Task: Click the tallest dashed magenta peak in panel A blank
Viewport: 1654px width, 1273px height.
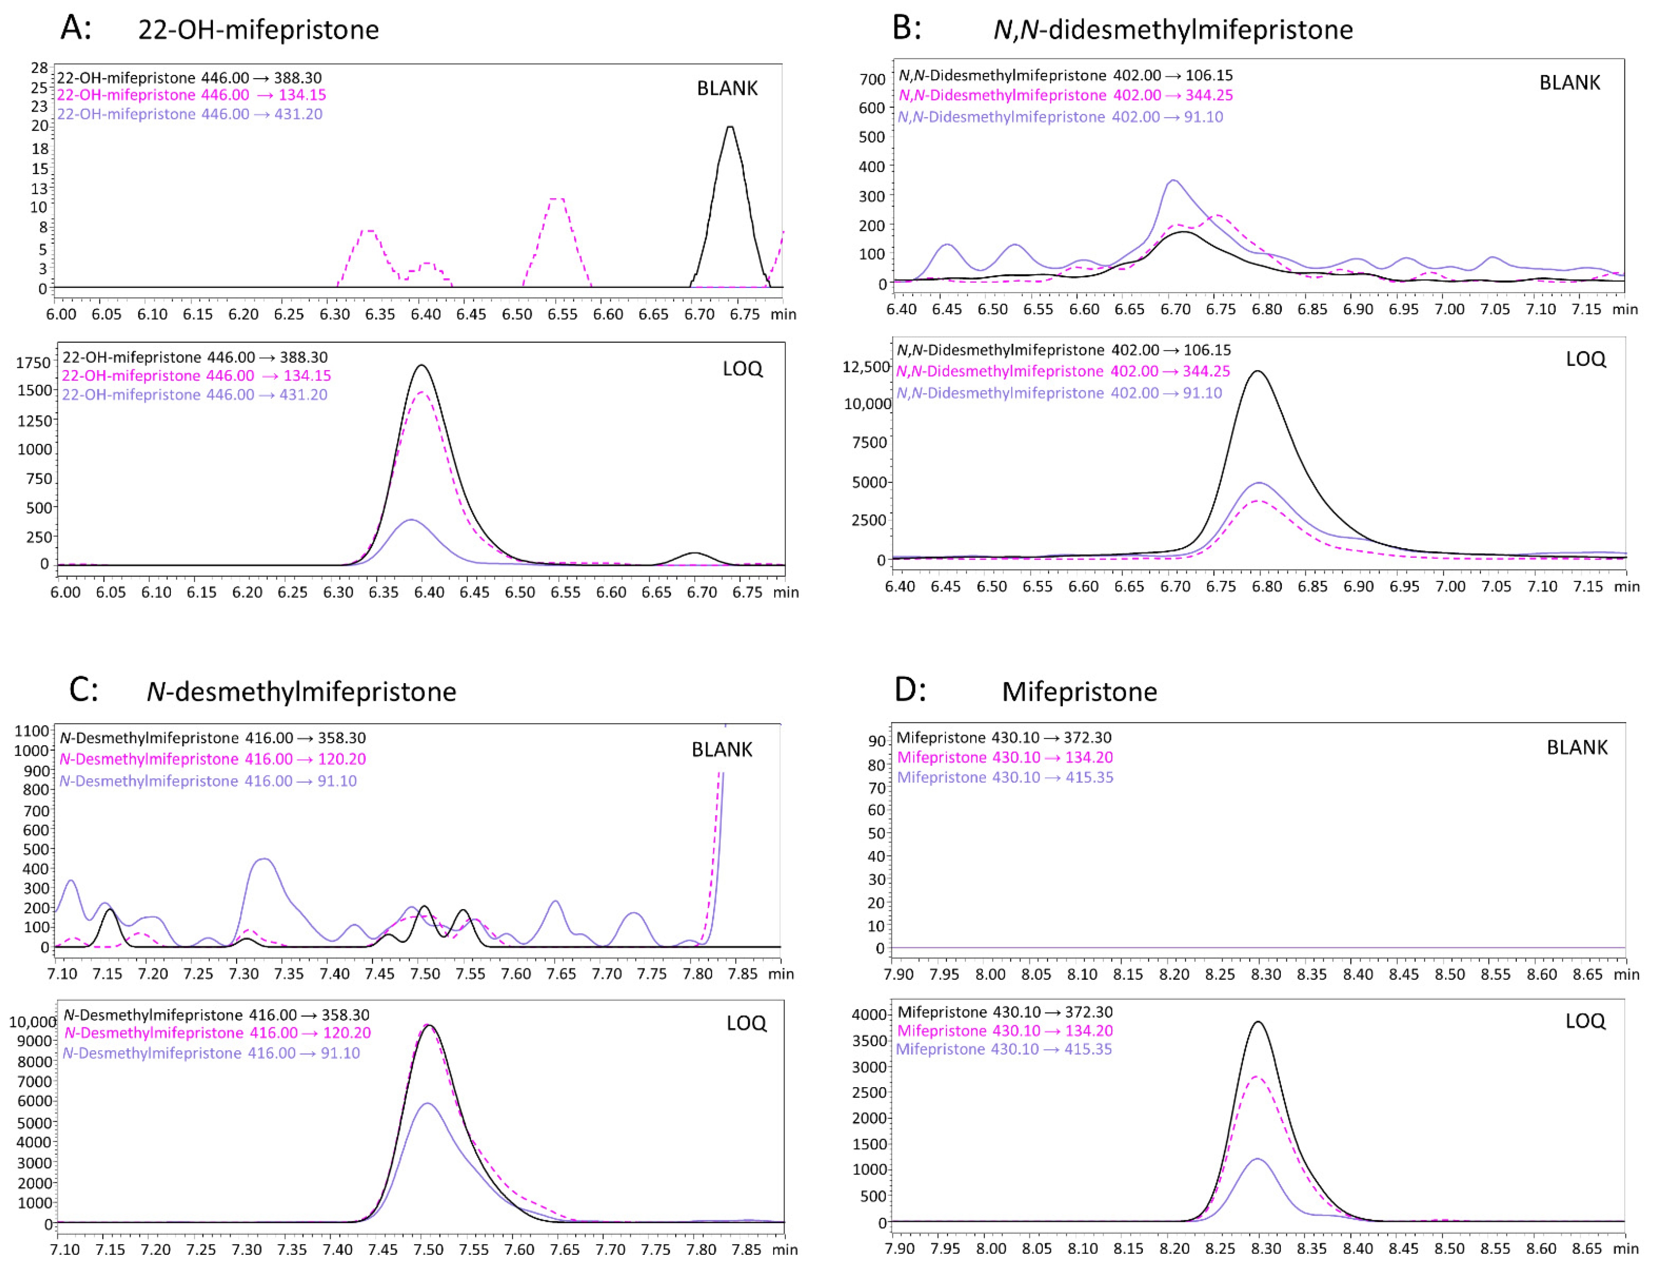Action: pyautogui.click(x=557, y=199)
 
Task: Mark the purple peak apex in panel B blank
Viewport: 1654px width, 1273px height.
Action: pyautogui.click(x=1173, y=180)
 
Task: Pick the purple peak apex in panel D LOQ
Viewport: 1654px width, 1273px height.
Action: pyautogui.click(x=1257, y=1159)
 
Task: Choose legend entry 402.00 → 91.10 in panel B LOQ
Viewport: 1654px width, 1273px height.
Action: pyautogui.click(x=1059, y=393)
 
